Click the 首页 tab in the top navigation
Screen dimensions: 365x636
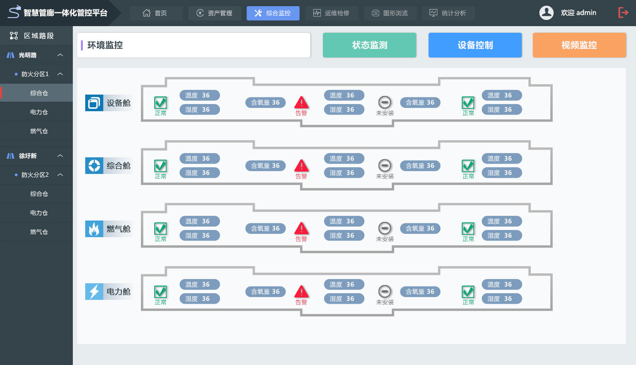click(x=156, y=13)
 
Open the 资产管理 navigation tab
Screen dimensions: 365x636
click(x=215, y=13)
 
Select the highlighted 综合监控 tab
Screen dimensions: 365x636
click(x=273, y=13)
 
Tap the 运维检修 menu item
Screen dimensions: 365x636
click(x=331, y=13)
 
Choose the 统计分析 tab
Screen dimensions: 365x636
click(x=448, y=13)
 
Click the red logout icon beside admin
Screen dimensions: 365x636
click(x=623, y=13)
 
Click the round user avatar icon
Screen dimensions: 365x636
click(x=546, y=13)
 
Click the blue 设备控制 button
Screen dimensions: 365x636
click(x=475, y=45)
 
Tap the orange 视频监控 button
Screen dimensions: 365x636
click(x=579, y=45)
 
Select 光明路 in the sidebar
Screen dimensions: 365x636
click(x=28, y=55)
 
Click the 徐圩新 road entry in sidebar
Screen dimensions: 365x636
click(x=28, y=156)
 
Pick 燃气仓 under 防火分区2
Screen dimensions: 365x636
click(x=39, y=232)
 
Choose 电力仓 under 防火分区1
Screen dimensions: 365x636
click(x=39, y=112)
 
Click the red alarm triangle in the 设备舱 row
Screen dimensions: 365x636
click(x=301, y=102)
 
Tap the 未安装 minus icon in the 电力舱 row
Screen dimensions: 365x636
click(x=385, y=291)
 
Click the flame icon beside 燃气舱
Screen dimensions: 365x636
click(x=94, y=229)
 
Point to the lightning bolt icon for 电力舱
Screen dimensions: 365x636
click(x=94, y=292)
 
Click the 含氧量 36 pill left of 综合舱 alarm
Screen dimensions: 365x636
click(x=266, y=166)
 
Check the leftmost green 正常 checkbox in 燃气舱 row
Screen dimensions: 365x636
click(x=160, y=229)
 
